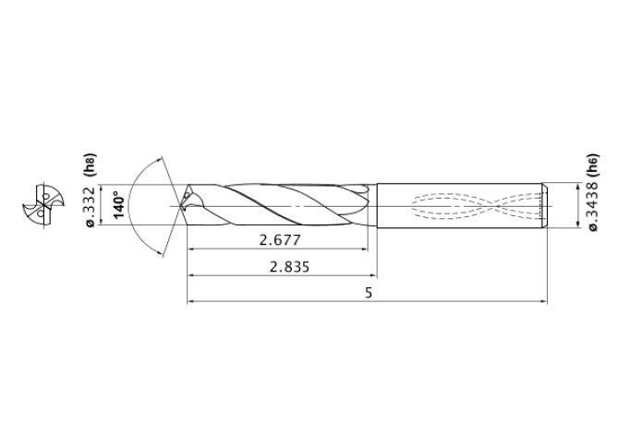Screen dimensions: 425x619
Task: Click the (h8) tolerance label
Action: [x=89, y=164]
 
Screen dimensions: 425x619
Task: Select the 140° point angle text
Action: [x=118, y=204]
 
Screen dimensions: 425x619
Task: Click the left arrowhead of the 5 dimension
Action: [x=191, y=301]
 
